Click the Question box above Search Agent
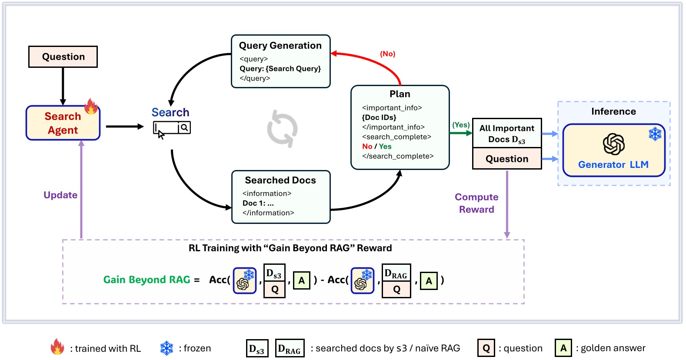(x=63, y=57)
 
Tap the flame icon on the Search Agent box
(x=91, y=106)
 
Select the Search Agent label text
(x=63, y=123)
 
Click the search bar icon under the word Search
(x=172, y=128)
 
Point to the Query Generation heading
(x=280, y=46)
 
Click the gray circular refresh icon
(x=282, y=129)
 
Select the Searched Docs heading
(x=280, y=180)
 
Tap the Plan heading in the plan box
(x=400, y=94)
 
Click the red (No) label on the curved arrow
(x=387, y=54)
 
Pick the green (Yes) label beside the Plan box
(x=461, y=125)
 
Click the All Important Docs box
(x=507, y=133)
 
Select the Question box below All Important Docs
(x=507, y=159)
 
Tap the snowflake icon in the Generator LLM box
(x=655, y=134)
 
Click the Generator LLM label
(x=613, y=165)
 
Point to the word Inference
(x=613, y=112)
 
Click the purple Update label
(x=60, y=195)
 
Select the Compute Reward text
(x=476, y=203)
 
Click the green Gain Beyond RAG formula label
(x=147, y=280)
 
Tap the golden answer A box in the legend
(x=563, y=348)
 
